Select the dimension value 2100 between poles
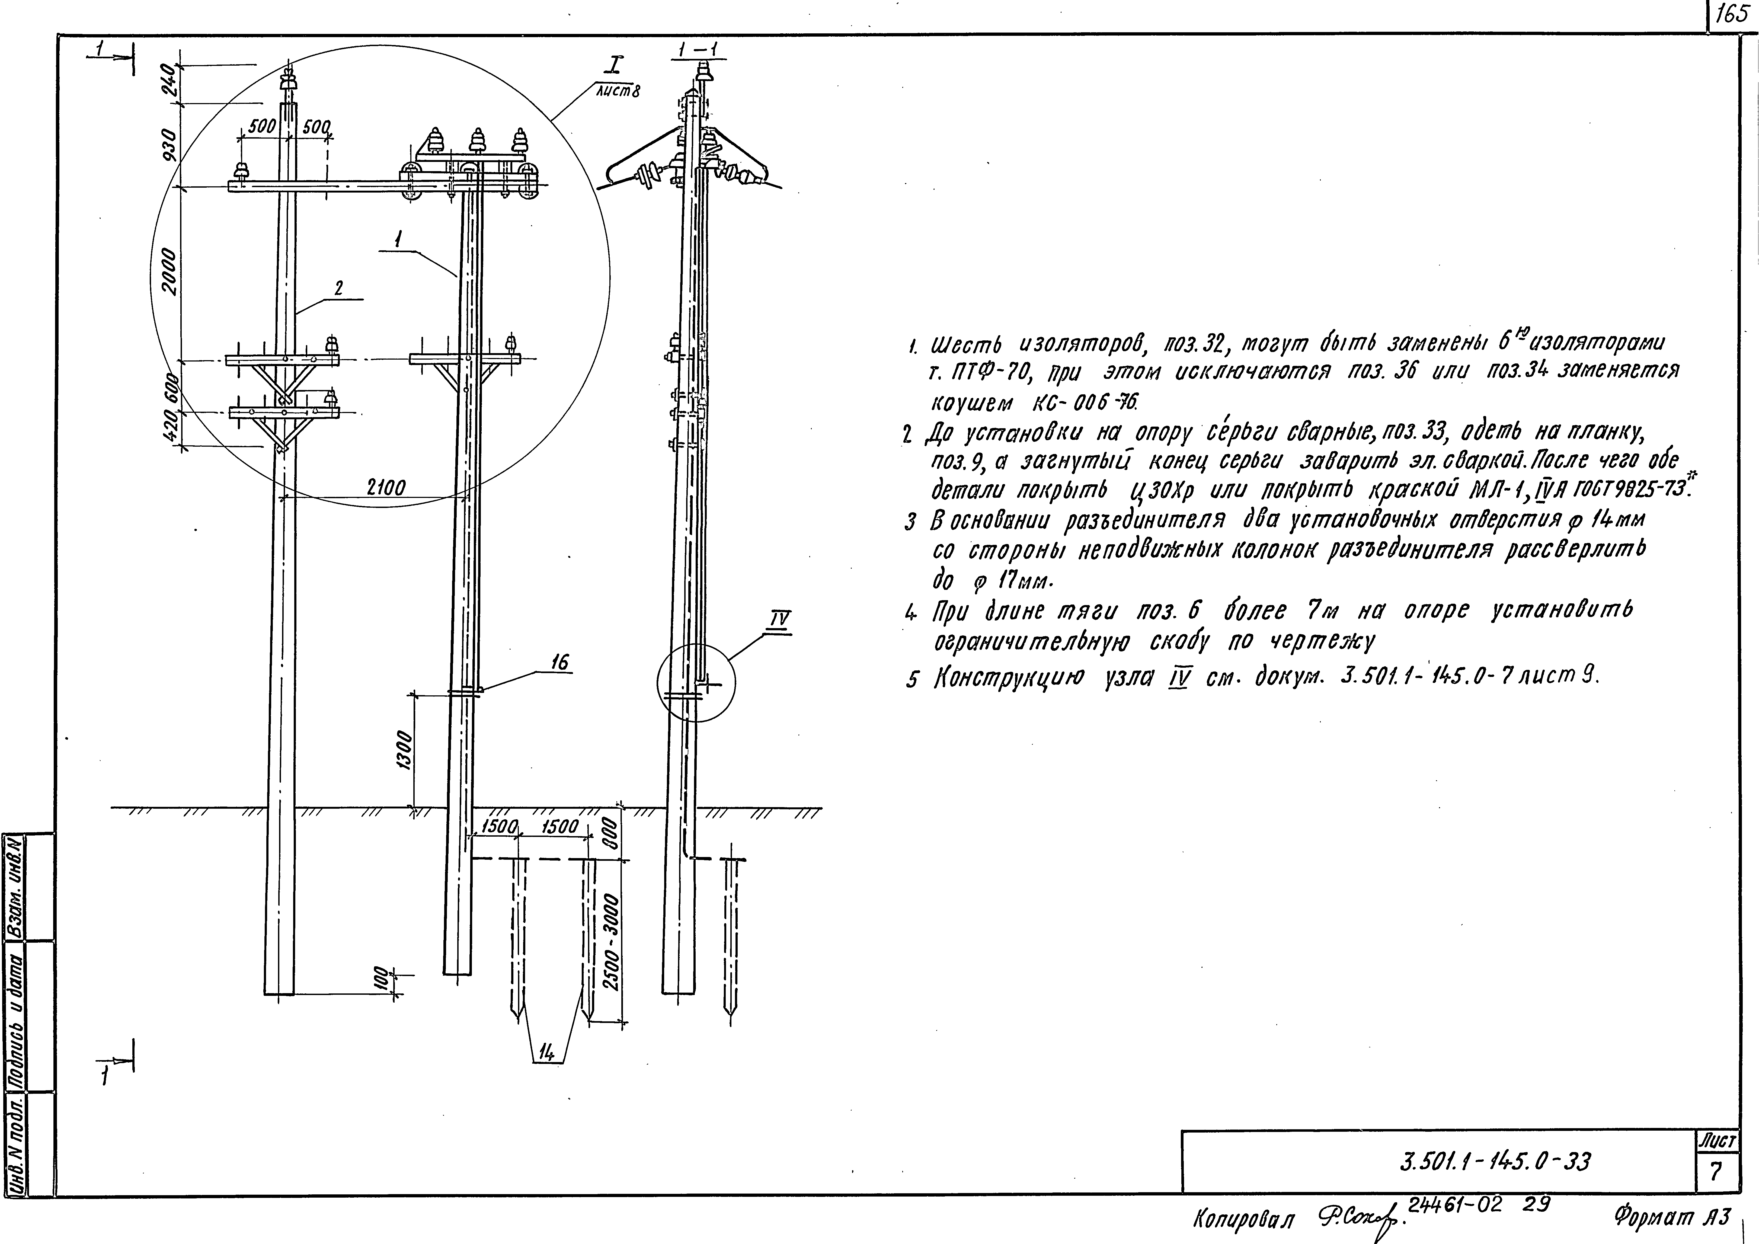[386, 487]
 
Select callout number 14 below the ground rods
[546, 1053]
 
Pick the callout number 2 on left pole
[338, 289]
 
